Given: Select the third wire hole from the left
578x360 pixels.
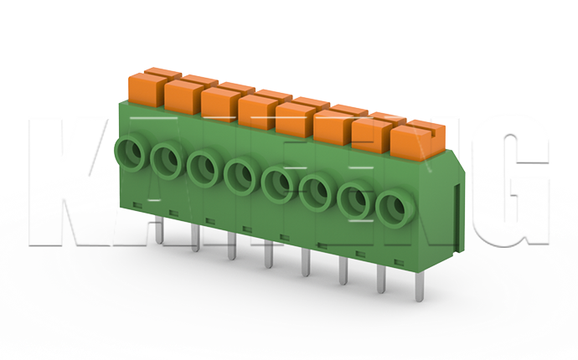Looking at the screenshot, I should pyautogui.click(x=204, y=166).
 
